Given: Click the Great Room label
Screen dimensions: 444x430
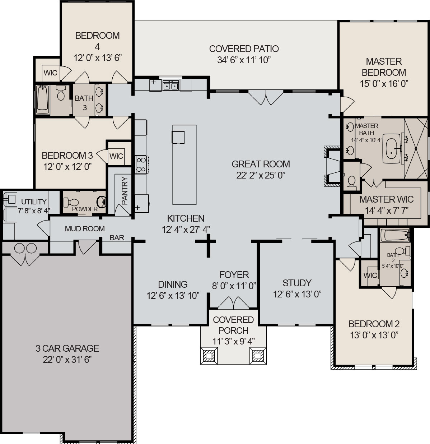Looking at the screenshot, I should [261, 164].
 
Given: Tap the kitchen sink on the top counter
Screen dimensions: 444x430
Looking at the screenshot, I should [171, 85].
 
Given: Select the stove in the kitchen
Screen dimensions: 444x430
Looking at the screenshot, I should [140, 165].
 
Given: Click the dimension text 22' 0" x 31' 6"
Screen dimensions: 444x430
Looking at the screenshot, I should [67, 360].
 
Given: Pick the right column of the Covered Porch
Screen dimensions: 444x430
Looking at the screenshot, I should [257, 356].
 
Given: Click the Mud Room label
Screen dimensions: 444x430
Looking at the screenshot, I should [85, 229].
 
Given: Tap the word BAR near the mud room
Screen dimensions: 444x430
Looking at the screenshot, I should [117, 238].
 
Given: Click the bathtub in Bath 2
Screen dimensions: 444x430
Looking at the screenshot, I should [394, 236].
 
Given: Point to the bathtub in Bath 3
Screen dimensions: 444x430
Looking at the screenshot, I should [43, 100].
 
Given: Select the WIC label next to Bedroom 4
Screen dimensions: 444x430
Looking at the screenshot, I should [50, 73].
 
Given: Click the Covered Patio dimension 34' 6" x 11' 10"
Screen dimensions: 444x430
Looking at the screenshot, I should [244, 60].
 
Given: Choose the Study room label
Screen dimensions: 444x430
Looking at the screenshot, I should [297, 283].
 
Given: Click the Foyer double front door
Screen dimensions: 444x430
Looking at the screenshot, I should [233, 302].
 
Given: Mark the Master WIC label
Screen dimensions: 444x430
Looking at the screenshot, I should [386, 199].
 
